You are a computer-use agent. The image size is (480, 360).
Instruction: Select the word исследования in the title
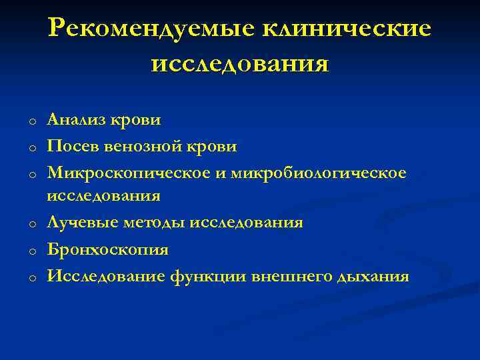point(240,65)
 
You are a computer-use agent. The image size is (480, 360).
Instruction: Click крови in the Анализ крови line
point(137,120)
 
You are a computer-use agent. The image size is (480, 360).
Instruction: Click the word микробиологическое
point(319,172)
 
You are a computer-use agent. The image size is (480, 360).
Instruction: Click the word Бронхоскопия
point(107,249)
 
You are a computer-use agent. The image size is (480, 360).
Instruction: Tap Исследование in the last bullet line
point(101,275)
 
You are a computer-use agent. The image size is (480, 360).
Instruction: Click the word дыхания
point(373,275)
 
